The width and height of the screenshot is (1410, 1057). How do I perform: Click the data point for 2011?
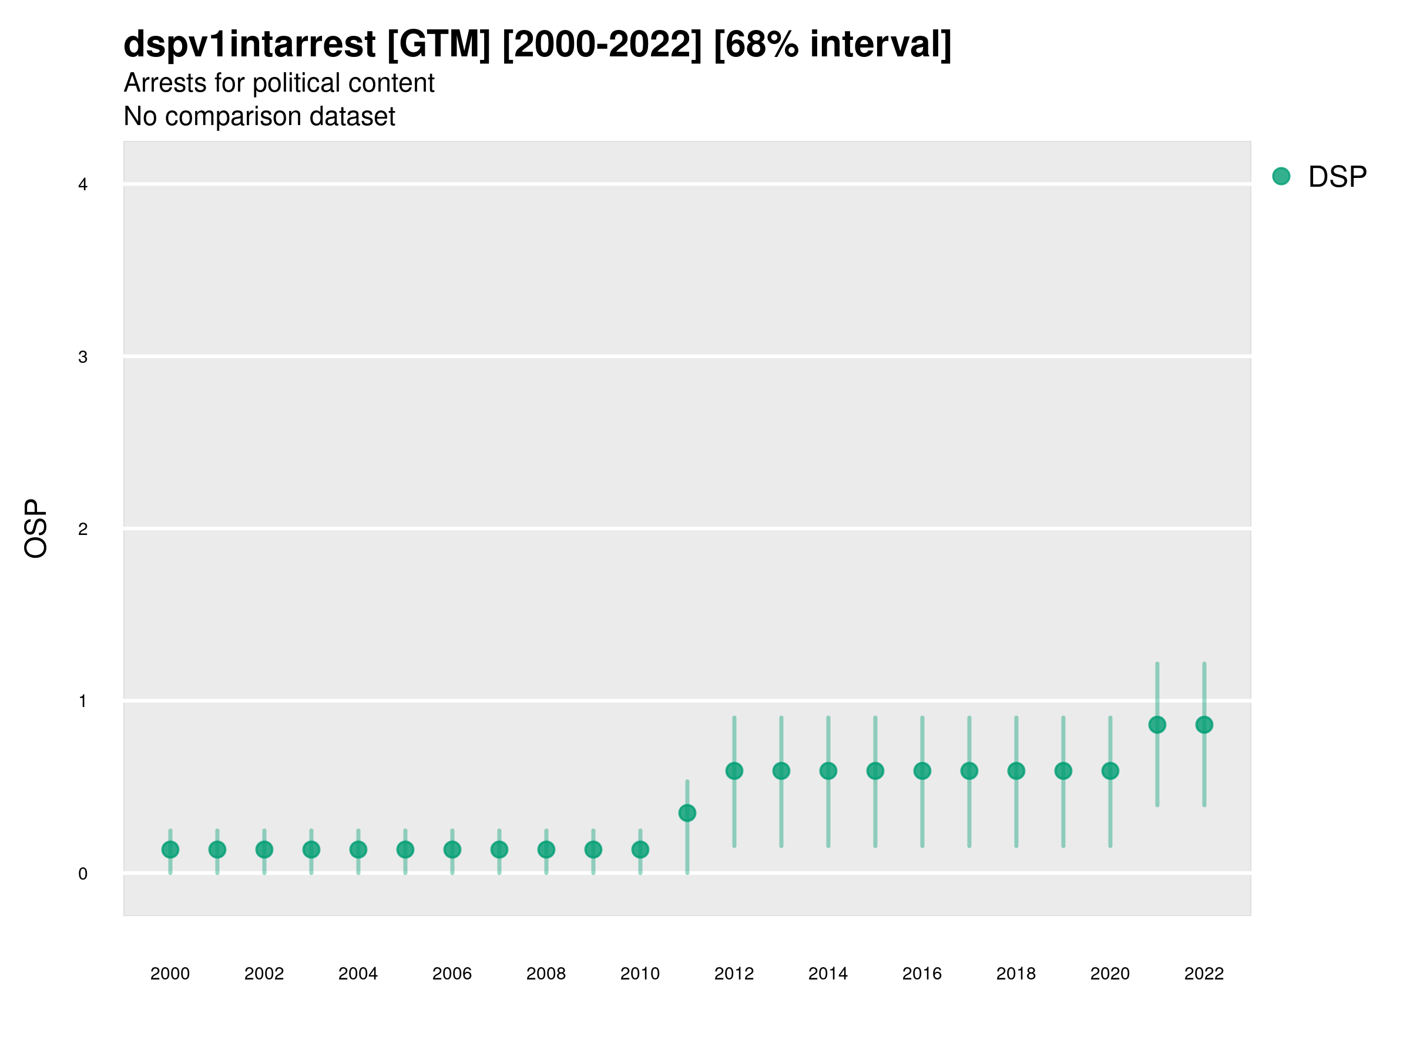[687, 813]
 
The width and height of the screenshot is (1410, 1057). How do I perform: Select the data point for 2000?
[170, 849]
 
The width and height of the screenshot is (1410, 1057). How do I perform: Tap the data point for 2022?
[1204, 725]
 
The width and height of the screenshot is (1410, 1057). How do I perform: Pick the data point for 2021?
[1157, 725]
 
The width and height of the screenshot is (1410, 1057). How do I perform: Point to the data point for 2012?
[734, 771]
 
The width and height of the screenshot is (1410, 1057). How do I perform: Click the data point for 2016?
[922, 771]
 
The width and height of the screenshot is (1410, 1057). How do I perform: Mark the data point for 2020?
[1110, 771]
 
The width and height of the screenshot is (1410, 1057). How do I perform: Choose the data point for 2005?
[405, 849]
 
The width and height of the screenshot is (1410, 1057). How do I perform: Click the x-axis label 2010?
[640, 974]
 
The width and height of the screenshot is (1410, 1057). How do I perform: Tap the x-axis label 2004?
[358, 974]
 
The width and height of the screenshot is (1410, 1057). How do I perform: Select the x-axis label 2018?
[1016, 974]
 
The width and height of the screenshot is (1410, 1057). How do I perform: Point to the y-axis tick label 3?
[83, 357]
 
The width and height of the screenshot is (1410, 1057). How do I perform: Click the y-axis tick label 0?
[83, 874]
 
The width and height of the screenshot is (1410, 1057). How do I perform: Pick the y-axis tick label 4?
[83, 185]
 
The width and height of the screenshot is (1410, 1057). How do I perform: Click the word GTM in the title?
[439, 45]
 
